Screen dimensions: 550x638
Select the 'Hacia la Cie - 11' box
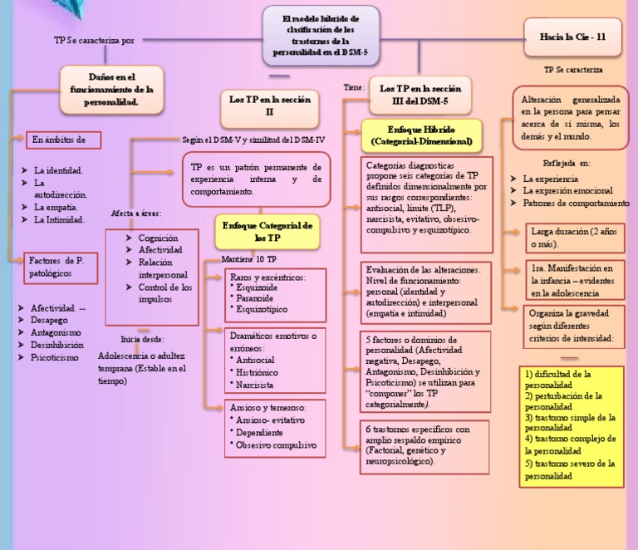click(573, 37)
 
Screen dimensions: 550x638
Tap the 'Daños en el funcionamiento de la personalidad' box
click(110, 89)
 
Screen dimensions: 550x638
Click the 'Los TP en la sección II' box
click(269, 106)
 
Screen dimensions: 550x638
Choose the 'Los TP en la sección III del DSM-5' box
click(413, 94)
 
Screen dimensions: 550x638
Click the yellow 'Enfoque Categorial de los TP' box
click(266, 231)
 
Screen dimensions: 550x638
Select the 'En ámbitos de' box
click(63, 140)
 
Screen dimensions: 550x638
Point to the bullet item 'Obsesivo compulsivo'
click(276, 445)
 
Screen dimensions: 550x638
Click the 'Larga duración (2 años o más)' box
click(572, 237)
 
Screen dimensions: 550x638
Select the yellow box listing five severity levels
click(570, 425)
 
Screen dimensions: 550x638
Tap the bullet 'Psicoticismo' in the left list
click(55, 358)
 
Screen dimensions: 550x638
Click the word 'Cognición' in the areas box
click(158, 238)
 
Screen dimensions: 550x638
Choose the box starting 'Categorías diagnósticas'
click(427, 203)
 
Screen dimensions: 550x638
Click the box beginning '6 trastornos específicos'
click(426, 444)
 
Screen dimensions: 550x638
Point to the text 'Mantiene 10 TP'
click(249, 260)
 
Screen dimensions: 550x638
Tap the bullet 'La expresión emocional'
click(567, 191)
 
